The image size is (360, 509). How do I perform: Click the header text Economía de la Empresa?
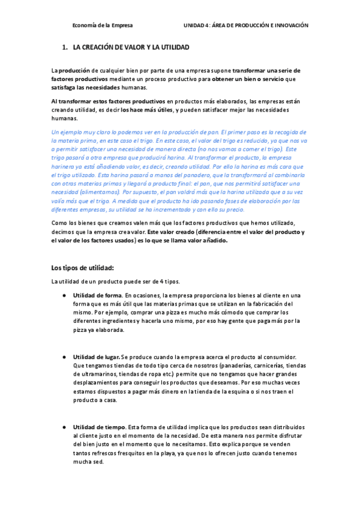tap(103, 26)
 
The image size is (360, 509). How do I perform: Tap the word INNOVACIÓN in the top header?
tap(287, 26)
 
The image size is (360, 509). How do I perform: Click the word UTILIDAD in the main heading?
tap(172, 46)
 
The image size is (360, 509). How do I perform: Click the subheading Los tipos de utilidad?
tap(82, 268)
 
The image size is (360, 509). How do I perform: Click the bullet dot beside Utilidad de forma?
tap(64, 295)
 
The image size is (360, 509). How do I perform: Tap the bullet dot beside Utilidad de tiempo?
tap(64, 427)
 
